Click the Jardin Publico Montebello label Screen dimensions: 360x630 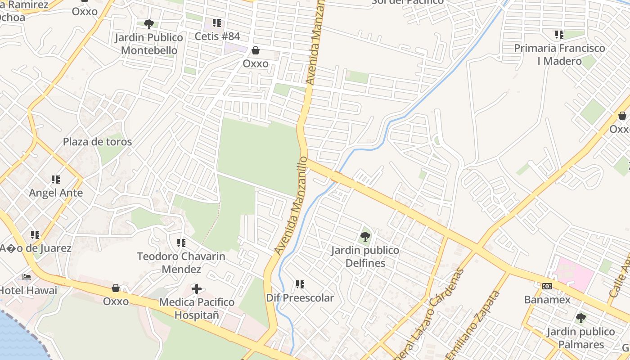click(149, 44)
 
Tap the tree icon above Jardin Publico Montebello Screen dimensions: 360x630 click(148, 24)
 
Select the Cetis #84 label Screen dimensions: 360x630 click(217, 36)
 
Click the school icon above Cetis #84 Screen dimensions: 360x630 click(217, 22)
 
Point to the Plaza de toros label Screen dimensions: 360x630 click(97, 142)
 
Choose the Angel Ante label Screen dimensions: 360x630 click(56, 193)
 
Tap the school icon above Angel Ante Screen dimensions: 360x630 click(56, 180)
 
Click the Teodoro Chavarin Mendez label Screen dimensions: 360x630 click(181, 263)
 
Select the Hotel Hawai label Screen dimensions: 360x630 click(29, 290)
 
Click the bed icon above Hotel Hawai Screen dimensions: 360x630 click(27, 277)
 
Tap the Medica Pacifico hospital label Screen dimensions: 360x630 click(197, 308)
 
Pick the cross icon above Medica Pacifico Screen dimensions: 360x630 click(196, 288)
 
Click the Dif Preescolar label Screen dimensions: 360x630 click(300, 298)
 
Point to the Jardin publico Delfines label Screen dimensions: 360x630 click(365, 256)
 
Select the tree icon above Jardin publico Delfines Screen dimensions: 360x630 click(365, 236)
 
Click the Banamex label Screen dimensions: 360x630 click(547, 300)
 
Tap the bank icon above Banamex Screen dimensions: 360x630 click(547, 286)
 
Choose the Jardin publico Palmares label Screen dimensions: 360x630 click(580, 338)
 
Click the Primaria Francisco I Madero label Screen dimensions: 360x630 click(559, 54)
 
